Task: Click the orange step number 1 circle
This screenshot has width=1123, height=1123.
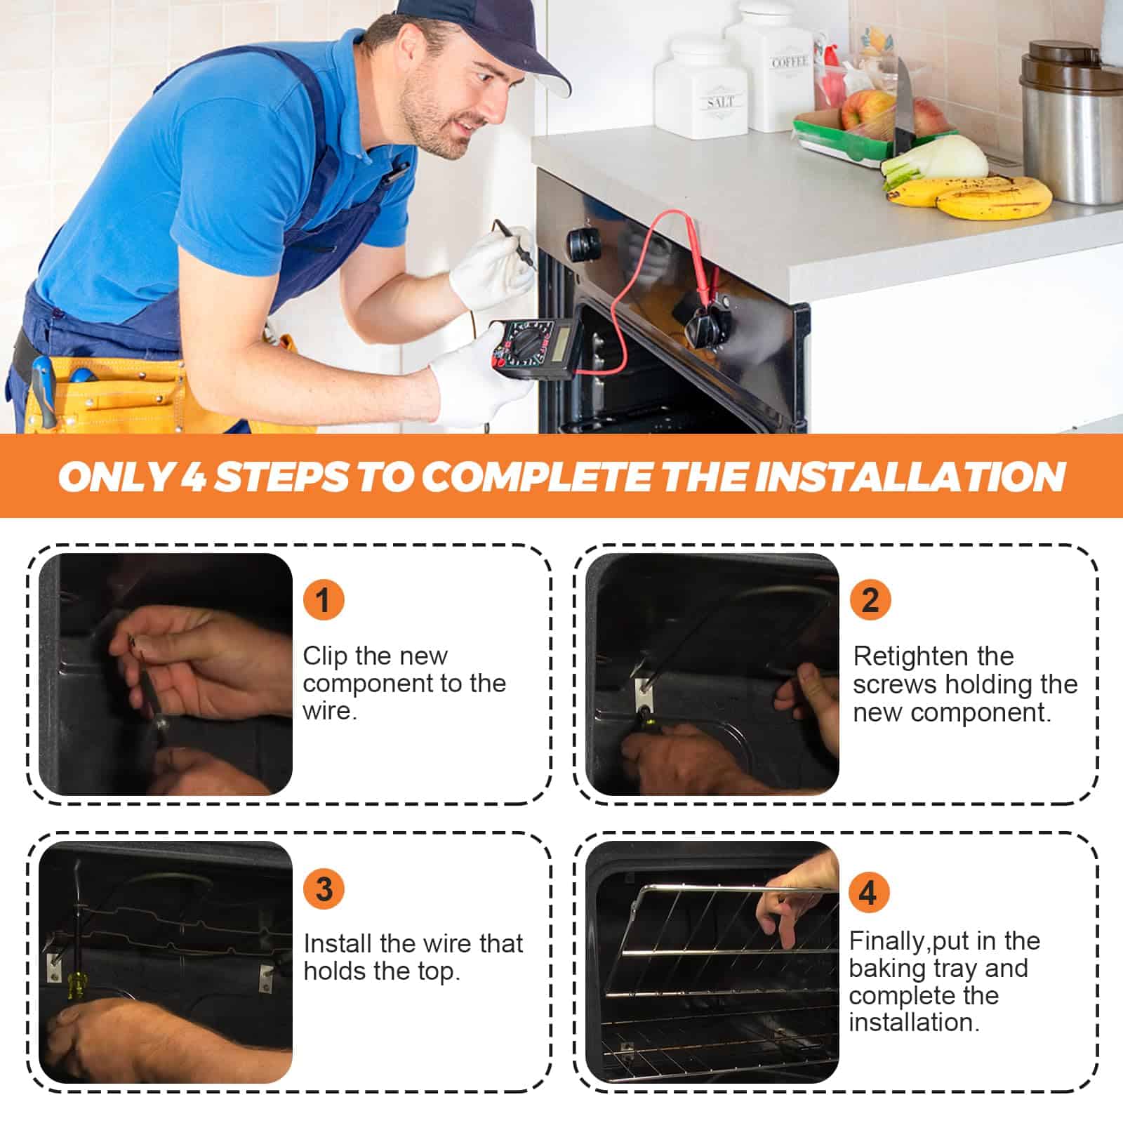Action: click(323, 600)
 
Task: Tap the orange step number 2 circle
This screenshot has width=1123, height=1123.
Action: click(870, 600)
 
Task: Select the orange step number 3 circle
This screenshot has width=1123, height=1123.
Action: click(324, 889)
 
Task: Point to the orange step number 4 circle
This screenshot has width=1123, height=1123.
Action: click(869, 893)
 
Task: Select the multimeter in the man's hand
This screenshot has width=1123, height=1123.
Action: click(535, 349)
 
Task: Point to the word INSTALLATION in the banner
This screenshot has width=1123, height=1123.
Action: click(910, 477)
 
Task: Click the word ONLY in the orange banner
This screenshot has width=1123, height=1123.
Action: click(116, 477)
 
